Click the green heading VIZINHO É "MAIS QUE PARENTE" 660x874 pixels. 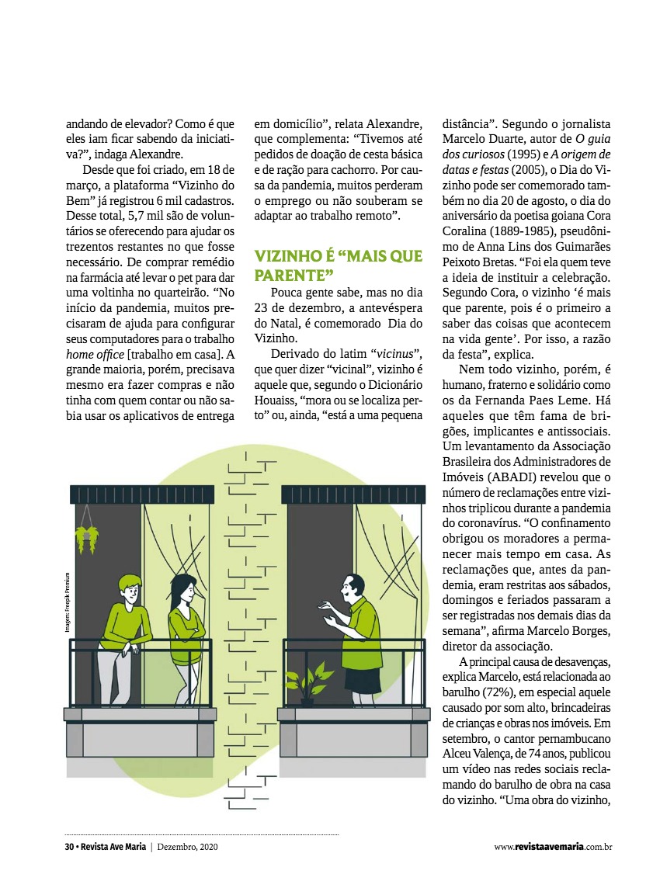pyautogui.click(x=339, y=265)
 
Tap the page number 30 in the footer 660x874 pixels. pyautogui.click(x=69, y=847)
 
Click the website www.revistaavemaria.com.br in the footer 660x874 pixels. pyautogui.click(x=553, y=847)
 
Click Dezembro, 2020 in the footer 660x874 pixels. pyautogui.click(x=188, y=847)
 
